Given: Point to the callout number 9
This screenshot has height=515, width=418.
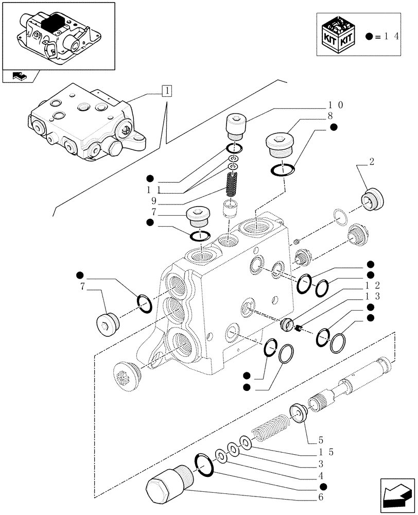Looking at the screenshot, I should click(x=153, y=200).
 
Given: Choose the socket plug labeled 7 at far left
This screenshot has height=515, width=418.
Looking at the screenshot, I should click(x=107, y=323).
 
